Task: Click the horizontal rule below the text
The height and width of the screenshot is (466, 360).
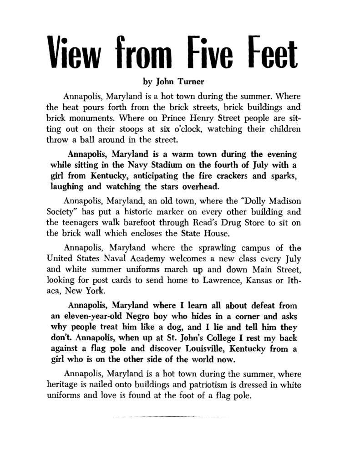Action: [x=171, y=416]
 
